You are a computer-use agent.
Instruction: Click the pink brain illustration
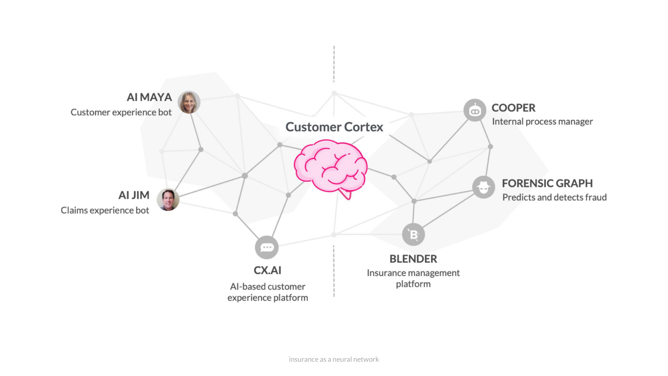pos(331,167)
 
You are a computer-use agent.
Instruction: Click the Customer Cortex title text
pos(334,127)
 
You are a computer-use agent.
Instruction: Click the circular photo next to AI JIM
pos(168,199)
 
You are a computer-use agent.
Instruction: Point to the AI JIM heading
pos(134,195)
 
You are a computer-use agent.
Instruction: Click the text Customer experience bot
pos(121,112)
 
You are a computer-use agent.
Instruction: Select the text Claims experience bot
pos(105,210)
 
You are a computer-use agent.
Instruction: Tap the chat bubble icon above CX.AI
pos(267,247)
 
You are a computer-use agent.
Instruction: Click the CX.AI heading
pos(267,270)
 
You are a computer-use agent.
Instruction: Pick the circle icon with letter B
pos(413,234)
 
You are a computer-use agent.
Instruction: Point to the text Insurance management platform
pos(413,278)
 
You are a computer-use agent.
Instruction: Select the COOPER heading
pos(513,108)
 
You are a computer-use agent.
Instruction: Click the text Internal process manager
pos(542,121)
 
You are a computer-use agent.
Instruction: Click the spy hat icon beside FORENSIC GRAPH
pos(483,187)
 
